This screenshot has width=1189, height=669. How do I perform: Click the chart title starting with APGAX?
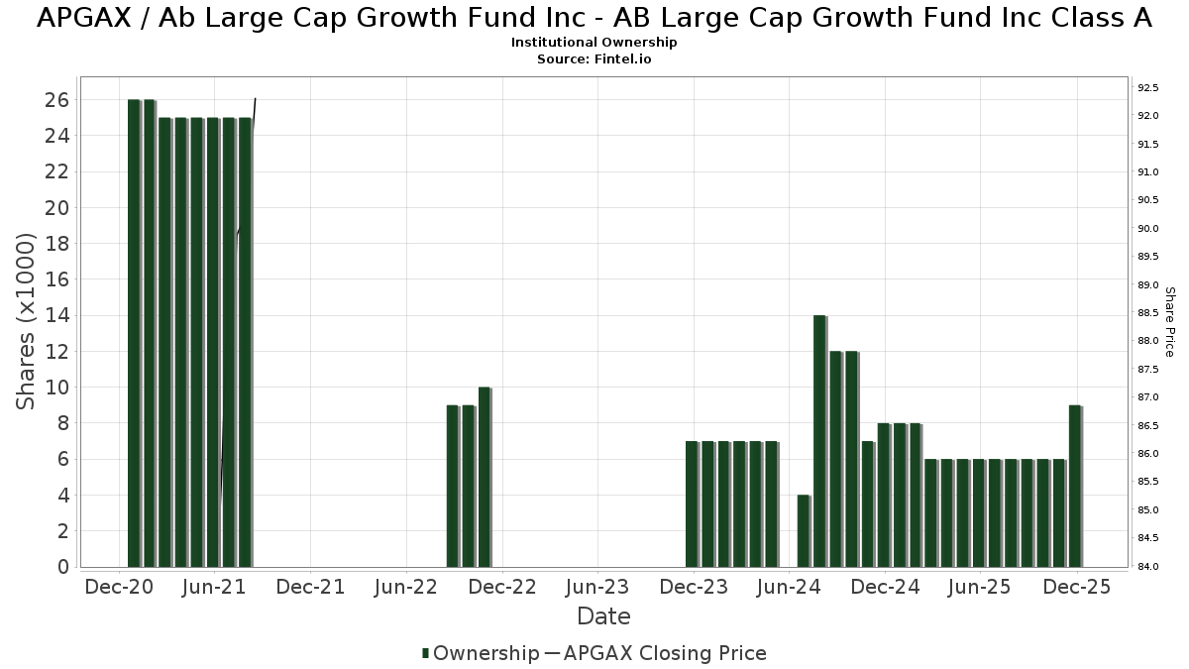pyautogui.click(x=594, y=18)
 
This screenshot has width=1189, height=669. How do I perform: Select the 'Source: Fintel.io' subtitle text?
pyautogui.click(x=594, y=59)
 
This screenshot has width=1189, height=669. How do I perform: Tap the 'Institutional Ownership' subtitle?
pyautogui.click(x=594, y=43)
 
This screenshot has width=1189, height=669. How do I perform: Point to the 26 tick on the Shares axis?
pyautogui.click(x=56, y=100)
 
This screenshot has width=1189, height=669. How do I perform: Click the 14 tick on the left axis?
pyautogui.click(x=56, y=316)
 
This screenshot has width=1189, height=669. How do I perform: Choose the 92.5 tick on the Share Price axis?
pyautogui.click(x=1148, y=88)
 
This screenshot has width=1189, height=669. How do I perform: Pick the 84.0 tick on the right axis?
pyautogui.click(x=1148, y=567)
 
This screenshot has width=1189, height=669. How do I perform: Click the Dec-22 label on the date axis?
pyautogui.click(x=502, y=587)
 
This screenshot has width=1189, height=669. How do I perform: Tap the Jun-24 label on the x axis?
pyautogui.click(x=789, y=587)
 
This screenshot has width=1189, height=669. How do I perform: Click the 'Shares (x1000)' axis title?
pyautogui.click(x=26, y=321)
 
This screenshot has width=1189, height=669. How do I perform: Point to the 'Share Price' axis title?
pyautogui.click(x=1169, y=322)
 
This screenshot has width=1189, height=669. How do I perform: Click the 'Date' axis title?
pyautogui.click(x=604, y=616)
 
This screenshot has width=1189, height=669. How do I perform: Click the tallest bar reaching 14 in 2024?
pyautogui.click(x=819, y=441)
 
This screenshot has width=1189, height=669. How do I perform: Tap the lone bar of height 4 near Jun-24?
pyautogui.click(x=804, y=531)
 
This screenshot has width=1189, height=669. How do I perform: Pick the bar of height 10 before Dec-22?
pyautogui.click(x=485, y=477)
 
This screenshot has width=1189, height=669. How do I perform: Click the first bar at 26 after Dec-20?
pyautogui.click(x=134, y=333)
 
